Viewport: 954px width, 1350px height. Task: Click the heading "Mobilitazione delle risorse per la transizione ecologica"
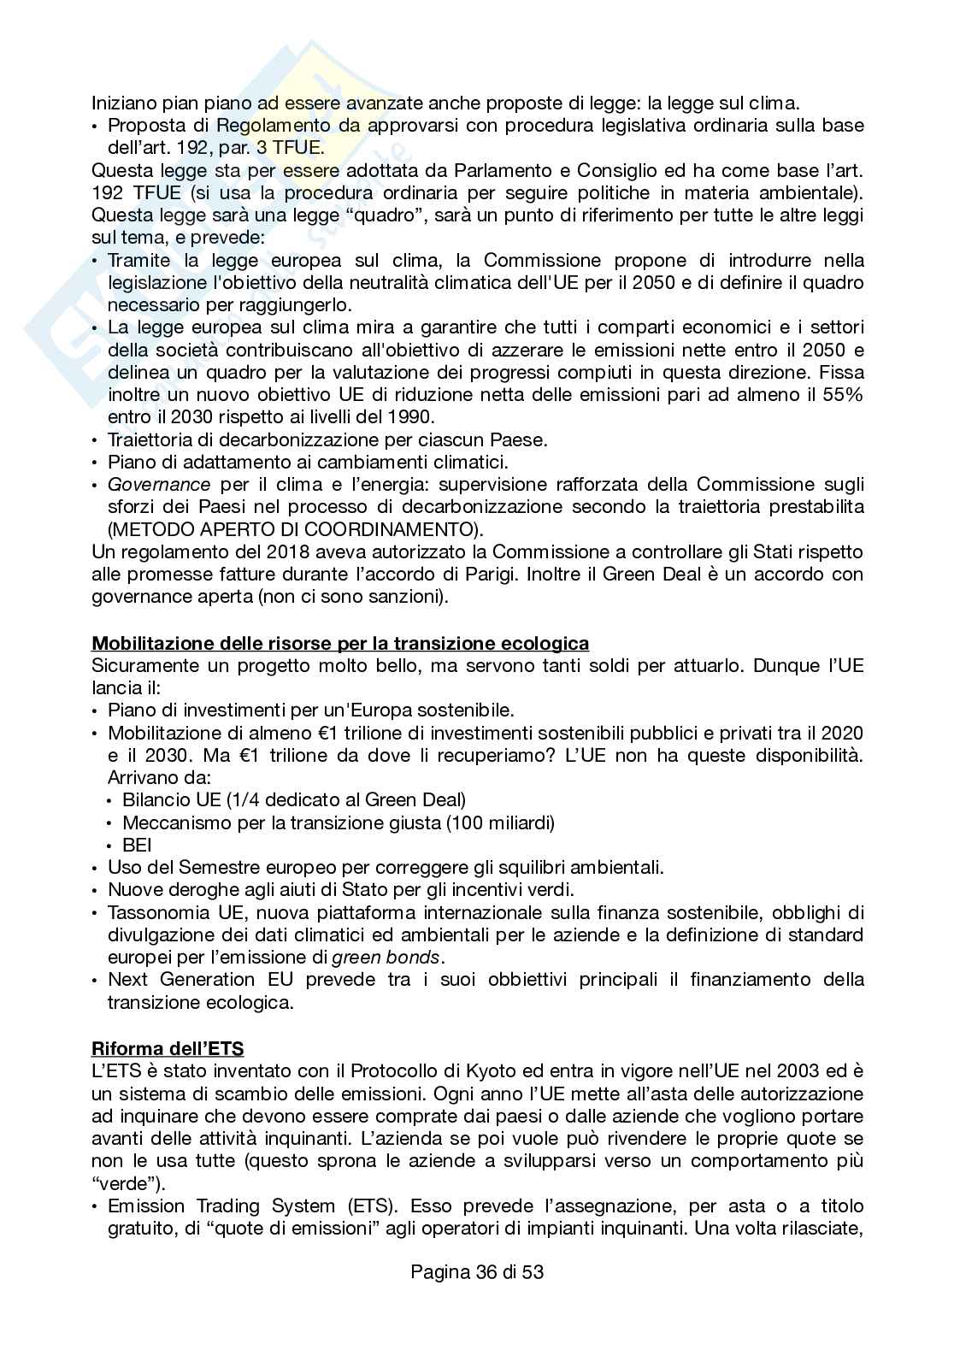click(340, 643)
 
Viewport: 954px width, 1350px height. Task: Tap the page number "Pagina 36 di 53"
click(477, 1271)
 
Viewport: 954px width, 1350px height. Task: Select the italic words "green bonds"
click(399, 957)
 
